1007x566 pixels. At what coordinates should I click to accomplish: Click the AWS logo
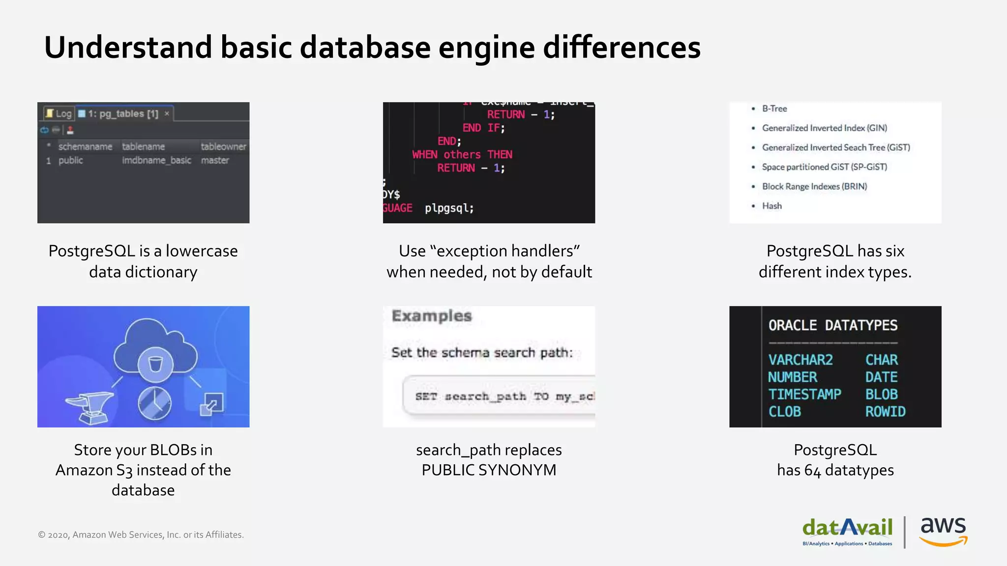[943, 531]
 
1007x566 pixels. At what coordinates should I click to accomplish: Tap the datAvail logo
[847, 531]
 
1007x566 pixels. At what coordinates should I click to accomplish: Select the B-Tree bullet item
[774, 109]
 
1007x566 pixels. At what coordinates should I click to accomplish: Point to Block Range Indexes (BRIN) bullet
[814, 186]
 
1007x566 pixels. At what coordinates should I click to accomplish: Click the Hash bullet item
[771, 206]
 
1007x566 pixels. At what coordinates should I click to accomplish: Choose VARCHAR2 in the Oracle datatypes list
[800, 360]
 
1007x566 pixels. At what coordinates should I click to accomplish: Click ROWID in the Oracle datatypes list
[885, 412]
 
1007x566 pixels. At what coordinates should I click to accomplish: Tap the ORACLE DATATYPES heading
[832, 325]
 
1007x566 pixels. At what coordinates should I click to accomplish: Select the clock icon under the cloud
[154, 404]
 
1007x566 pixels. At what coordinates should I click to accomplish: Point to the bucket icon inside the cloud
[155, 364]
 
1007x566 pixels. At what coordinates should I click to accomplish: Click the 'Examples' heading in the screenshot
[431, 316]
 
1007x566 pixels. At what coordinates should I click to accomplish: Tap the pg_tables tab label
[123, 113]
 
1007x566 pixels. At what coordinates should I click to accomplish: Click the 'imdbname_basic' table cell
[156, 160]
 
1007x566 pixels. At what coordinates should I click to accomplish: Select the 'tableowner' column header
[223, 146]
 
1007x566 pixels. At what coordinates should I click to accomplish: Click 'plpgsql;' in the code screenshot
[449, 208]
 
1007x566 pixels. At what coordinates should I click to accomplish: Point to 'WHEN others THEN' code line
[462, 154]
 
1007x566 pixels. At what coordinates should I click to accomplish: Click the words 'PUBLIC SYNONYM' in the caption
[489, 470]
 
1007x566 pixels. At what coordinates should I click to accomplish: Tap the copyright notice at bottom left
[141, 535]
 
